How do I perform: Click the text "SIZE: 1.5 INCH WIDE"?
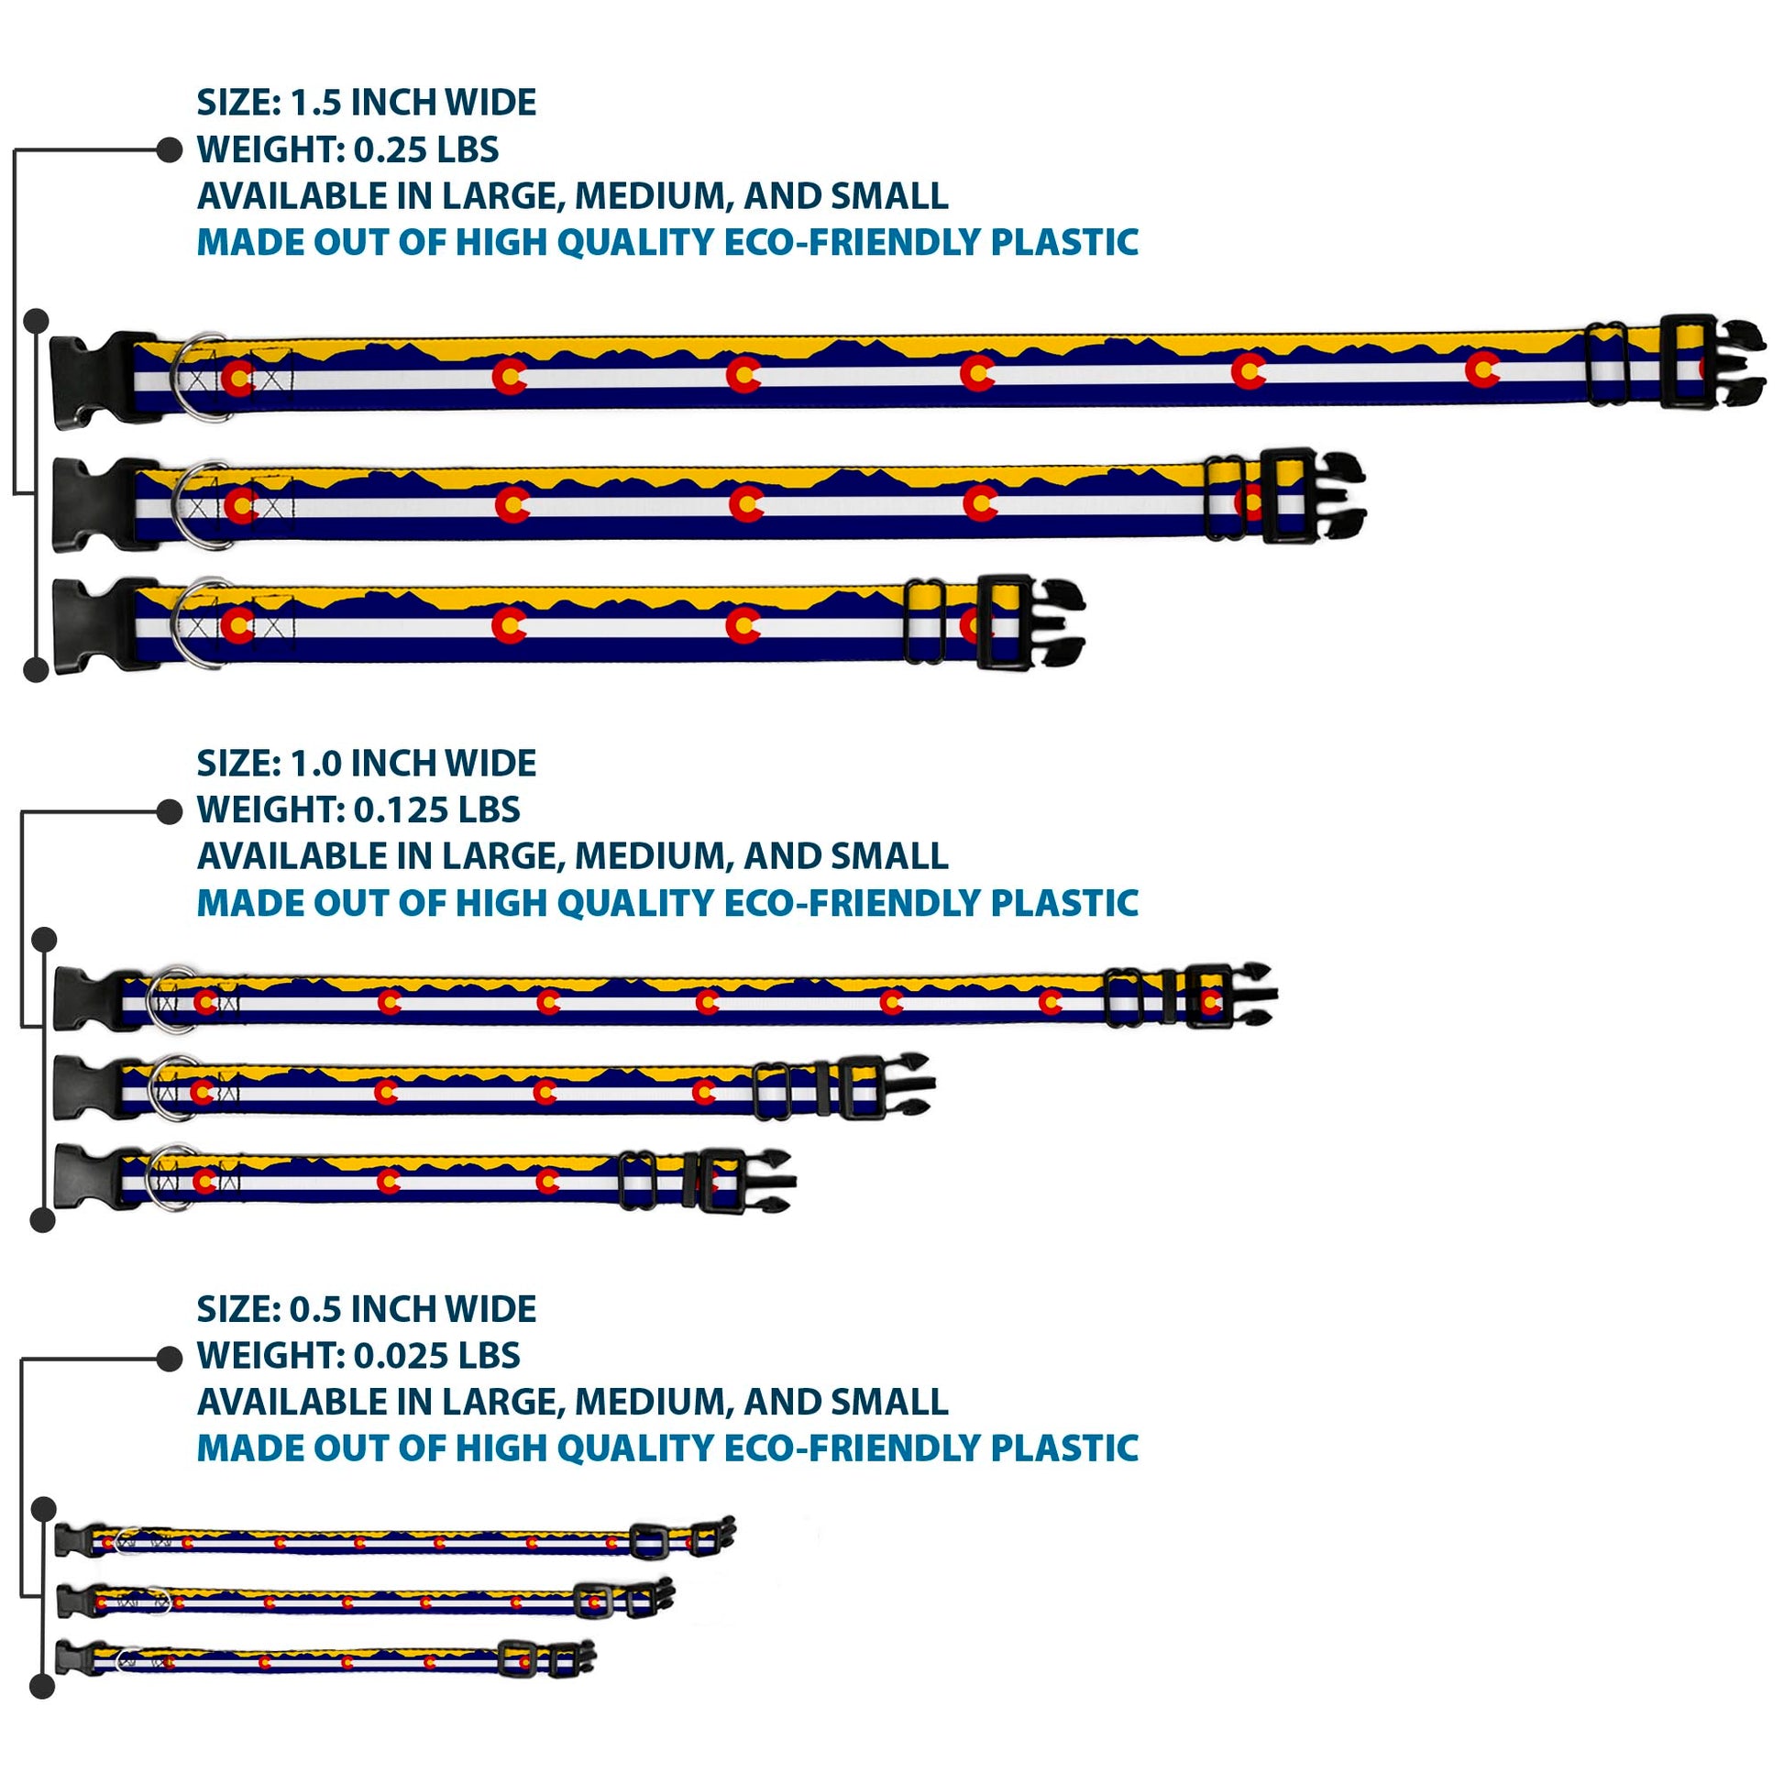(366, 103)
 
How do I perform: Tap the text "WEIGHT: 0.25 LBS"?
(347, 149)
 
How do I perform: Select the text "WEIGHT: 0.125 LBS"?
(358, 809)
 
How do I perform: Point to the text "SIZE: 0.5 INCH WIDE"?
(366, 1308)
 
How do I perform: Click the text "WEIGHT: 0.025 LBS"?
(358, 1356)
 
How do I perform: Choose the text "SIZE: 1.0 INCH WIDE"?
(366, 764)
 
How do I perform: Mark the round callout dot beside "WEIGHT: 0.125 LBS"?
(169, 811)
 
